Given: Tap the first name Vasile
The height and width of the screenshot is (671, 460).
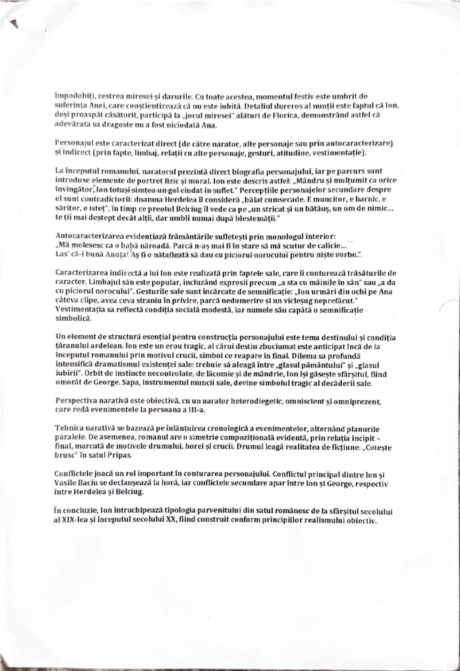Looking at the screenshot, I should (x=66, y=484).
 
